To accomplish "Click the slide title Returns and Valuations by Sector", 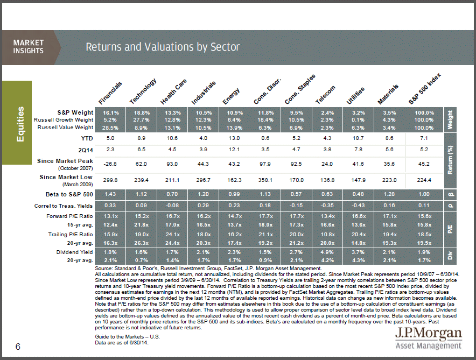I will click(163, 47).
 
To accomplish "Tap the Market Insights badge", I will click(29, 47).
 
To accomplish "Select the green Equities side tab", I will click(20, 124).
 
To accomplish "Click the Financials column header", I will click(111, 93).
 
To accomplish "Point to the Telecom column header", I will click(326, 93).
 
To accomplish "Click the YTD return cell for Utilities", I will click(358, 138).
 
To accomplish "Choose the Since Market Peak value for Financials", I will click(110, 163).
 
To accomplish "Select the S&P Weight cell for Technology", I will click(142, 112).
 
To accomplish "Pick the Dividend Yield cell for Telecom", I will click(327, 252).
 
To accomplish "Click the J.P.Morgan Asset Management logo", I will click(429, 338).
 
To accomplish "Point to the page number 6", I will click(18, 347).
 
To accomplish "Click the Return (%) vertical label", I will click(451, 156).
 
